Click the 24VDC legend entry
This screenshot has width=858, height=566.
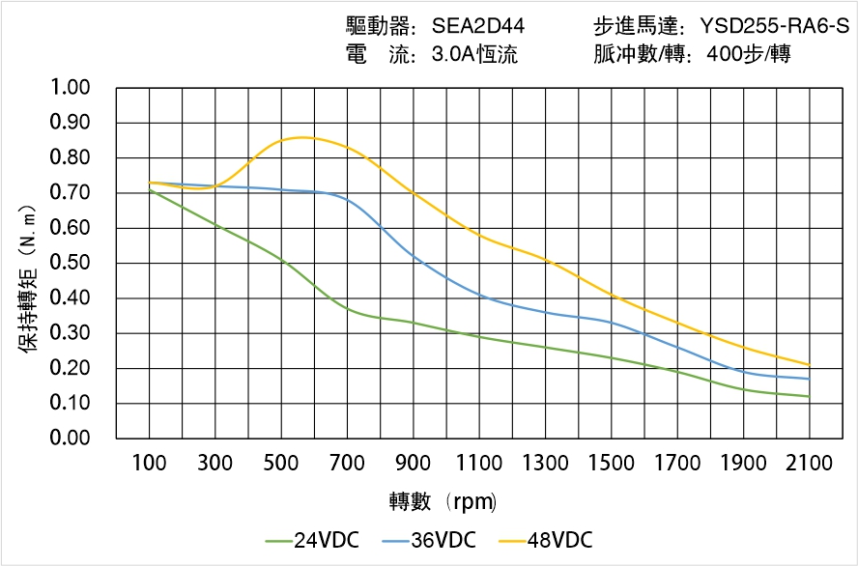pos(311,540)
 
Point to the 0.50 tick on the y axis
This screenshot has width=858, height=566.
pos(70,263)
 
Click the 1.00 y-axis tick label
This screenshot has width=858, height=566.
pos(70,88)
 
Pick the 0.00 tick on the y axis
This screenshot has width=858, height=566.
pos(70,439)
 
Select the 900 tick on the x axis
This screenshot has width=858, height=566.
pos(414,463)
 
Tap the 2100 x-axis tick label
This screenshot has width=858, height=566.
pos(810,463)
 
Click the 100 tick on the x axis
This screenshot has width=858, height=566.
pos(149,463)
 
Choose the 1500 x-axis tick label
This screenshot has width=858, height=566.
pos(612,463)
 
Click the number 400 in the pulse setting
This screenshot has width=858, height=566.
pos(724,54)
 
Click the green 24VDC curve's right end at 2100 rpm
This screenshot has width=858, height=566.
pos(810,396)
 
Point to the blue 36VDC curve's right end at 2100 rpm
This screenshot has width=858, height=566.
pos(810,379)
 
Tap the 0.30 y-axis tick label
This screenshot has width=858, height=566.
pos(70,333)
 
